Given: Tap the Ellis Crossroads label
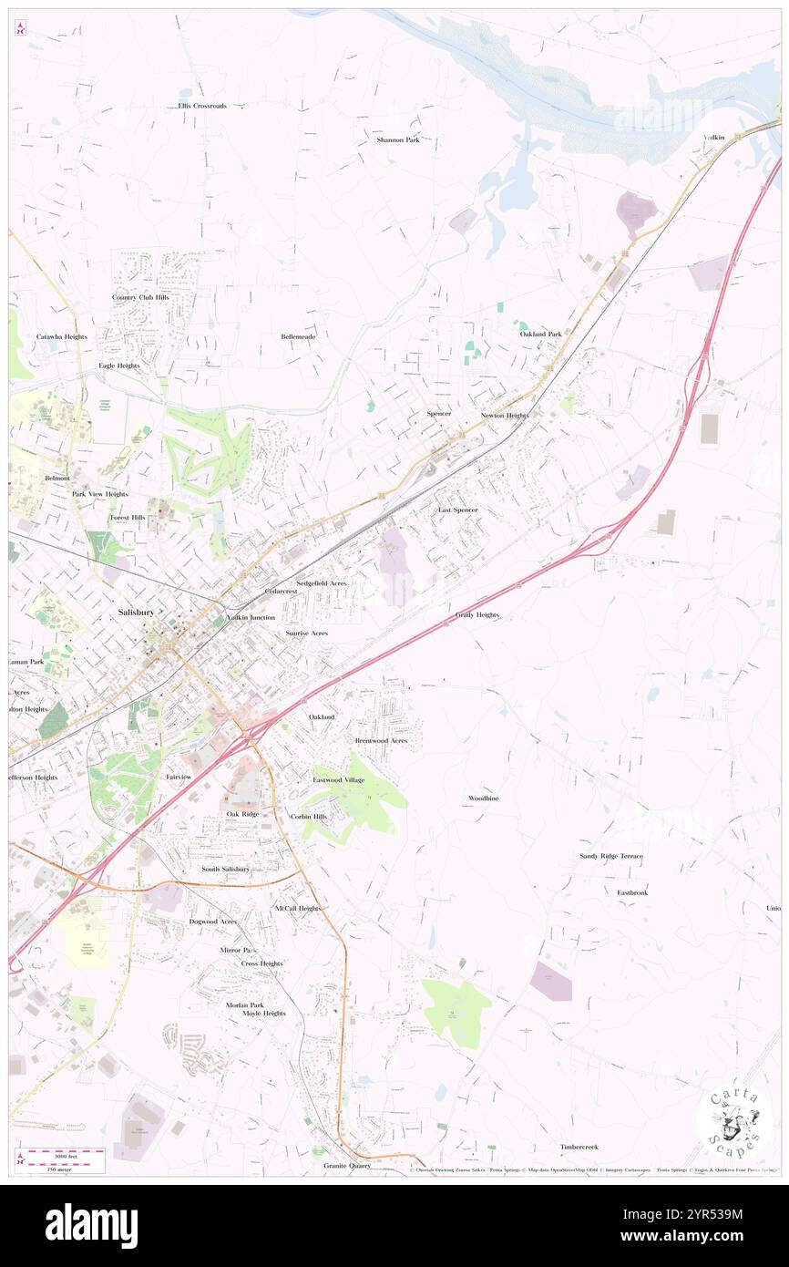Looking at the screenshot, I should pyautogui.click(x=202, y=106).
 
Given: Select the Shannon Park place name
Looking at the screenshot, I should pyautogui.click(x=398, y=140).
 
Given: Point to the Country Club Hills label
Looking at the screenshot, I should pyautogui.click(x=140, y=297).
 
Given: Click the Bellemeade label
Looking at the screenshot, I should pyautogui.click(x=298, y=336).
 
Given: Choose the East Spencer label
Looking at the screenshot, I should pyautogui.click(x=457, y=510).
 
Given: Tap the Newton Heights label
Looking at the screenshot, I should pyautogui.click(x=504, y=416).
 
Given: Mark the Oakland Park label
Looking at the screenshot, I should pyautogui.click(x=541, y=335).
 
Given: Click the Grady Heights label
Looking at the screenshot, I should pyautogui.click(x=477, y=615).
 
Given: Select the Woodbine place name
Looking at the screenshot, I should pyautogui.click(x=483, y=798).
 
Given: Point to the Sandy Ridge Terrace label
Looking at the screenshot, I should pyautogui.click(x=611, y=857).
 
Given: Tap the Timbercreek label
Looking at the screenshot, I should pyautogui.click(x=579, y=1147).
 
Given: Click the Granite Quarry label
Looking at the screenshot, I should pyautogui.click(x=346, y=1166).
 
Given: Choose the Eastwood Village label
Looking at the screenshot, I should pyautogui.click(x=339, y=780).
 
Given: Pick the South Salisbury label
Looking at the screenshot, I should pyautogui.click(x=225, y=870).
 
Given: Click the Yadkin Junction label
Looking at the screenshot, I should pyautogui.click(x=251, y=618).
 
